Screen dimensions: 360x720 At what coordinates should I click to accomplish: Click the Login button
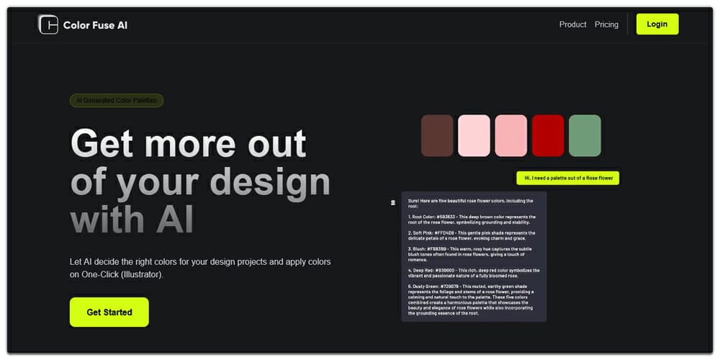[657, 24]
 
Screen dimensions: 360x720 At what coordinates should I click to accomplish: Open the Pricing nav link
[606, 24]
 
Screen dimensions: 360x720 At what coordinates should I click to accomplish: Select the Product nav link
[572, 24]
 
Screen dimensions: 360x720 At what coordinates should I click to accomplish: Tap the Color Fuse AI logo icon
[48, 24]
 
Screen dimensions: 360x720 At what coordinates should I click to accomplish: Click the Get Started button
[109, 312]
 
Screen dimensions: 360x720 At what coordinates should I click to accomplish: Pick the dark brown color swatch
[437, 135]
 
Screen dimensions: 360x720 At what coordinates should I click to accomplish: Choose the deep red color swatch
[548, 135]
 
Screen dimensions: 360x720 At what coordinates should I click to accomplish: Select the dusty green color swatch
[585, 135]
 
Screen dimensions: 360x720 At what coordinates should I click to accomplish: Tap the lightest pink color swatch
[474, 135]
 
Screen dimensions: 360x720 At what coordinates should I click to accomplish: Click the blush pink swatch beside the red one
[510, 135]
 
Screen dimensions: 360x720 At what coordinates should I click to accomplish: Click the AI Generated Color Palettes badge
[116, 101]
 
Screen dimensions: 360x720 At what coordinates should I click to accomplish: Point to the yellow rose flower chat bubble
[567, 178]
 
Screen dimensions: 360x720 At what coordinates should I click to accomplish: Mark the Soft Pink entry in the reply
[424, 233]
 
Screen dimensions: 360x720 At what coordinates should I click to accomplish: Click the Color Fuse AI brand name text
[95, 25]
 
